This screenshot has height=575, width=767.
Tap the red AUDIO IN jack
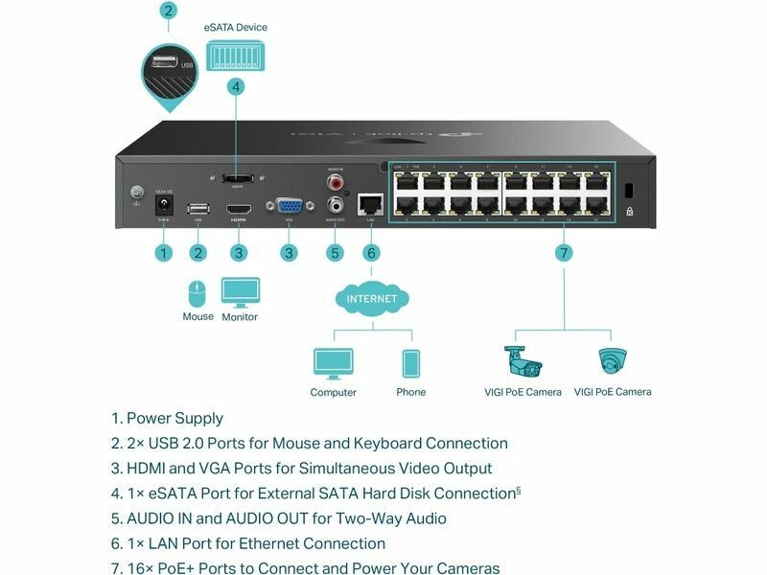point(336,180)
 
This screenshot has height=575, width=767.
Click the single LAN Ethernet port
point(370,204)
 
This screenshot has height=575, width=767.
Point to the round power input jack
point(165,205)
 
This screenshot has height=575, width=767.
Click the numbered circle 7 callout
point(564,253)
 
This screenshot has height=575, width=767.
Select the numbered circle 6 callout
point(371,253)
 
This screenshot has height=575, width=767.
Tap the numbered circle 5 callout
point(335,253)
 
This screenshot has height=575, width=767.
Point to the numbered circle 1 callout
point(164,253)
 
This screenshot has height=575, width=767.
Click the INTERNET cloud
point(371,299)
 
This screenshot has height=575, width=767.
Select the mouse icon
point(198,292)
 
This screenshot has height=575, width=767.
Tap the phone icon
point(410,364)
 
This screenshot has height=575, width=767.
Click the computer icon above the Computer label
point(333,363)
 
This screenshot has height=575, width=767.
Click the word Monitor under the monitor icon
point(240,317)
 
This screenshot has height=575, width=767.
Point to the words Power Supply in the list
point(174,419)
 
